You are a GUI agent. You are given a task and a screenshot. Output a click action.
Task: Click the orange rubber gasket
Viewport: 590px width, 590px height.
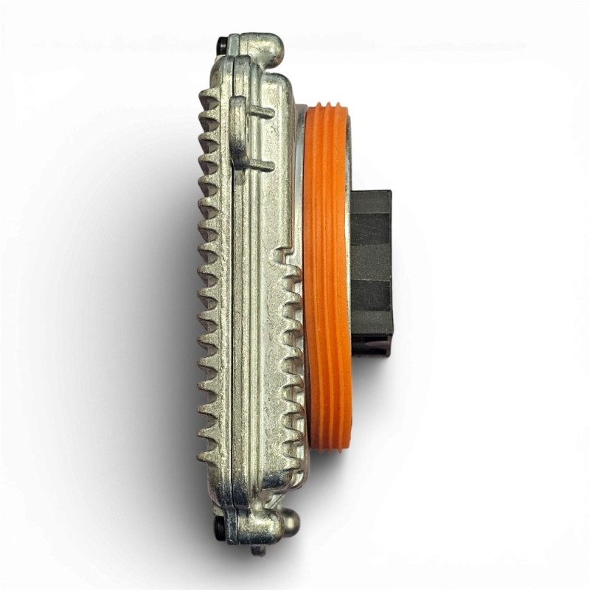click(x=326, y=280)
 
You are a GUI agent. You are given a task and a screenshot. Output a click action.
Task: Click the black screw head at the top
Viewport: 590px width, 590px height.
click(x=223, y=46)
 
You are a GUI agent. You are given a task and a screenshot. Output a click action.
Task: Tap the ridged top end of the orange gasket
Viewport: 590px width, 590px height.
click(x=326, y=111)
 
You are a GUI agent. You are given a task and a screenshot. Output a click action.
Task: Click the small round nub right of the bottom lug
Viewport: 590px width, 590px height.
click(x=292, y=521)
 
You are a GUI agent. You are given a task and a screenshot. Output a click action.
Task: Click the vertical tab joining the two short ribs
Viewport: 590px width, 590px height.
click(x=238, y=136)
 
